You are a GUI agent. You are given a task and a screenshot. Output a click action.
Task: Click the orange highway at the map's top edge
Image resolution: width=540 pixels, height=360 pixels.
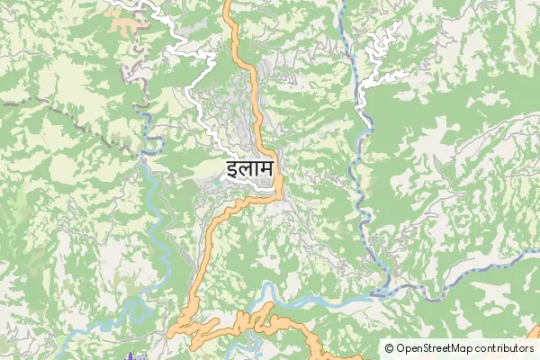pyautogui.click(x=227, y=5)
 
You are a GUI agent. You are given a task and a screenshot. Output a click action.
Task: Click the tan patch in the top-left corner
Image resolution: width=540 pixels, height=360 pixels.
pyautogui.click(x=126, y=20)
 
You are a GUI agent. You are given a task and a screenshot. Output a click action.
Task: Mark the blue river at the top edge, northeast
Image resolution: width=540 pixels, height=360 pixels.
pyautogui.click(x=342, y=9)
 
